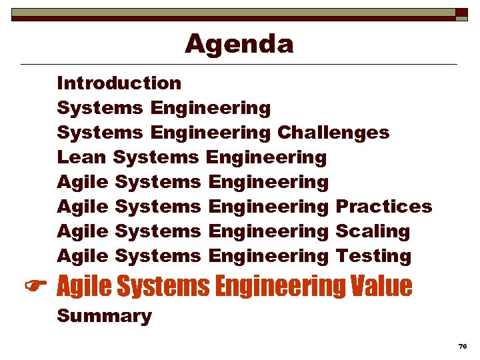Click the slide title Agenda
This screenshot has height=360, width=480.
239,44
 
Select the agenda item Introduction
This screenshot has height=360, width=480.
119,83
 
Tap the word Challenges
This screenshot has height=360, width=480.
333,133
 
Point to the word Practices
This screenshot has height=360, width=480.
383,207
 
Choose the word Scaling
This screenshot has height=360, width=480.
372,232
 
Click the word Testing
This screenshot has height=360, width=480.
373,256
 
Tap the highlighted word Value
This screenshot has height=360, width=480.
381,287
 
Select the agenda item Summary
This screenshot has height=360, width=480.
104,316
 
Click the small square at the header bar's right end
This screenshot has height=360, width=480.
461,13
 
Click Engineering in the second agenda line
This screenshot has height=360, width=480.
211,108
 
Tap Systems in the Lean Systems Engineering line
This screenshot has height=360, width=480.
156,157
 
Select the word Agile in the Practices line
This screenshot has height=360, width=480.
83,207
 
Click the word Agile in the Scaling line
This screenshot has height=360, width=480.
83,231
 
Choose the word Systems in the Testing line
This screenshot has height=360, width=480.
157,256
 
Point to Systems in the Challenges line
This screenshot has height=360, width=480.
100,133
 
